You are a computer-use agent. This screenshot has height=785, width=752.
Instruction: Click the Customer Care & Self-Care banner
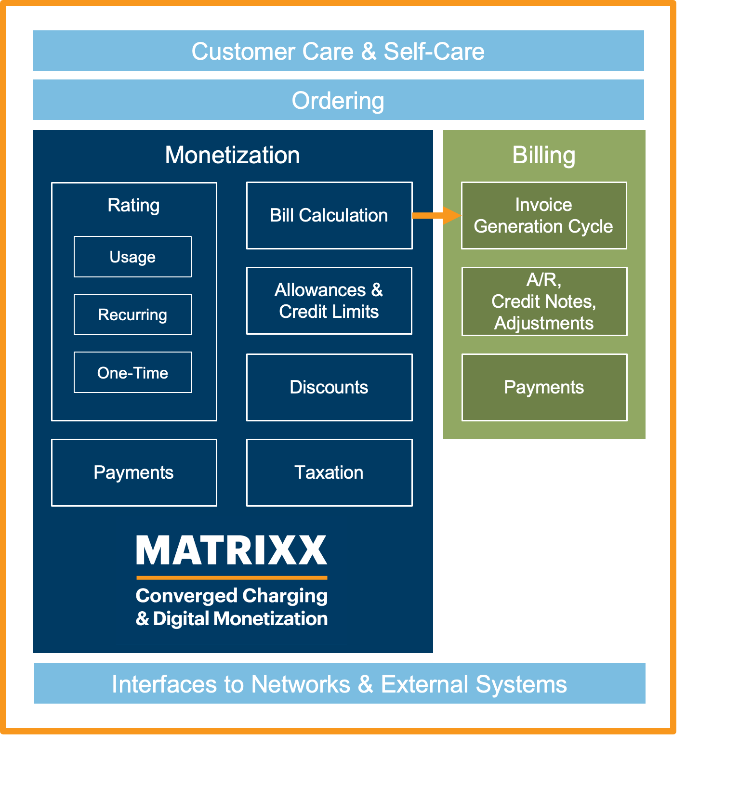[338, 51]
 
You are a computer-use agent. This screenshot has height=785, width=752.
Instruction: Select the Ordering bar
[338, 100]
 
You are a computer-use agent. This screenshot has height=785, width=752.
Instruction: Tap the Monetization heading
[232, 155]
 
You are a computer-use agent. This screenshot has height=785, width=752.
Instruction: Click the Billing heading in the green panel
[543, 155]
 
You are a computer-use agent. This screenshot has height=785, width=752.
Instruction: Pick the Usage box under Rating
[132, 257]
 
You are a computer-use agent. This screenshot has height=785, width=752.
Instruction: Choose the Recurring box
[132, 314]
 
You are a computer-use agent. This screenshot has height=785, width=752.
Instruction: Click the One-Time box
[132, 372]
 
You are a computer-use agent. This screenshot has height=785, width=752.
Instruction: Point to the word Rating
[133, 205]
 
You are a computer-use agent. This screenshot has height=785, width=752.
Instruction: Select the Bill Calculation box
[329, 215]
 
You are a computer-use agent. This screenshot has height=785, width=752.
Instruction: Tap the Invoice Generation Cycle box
[543, 215]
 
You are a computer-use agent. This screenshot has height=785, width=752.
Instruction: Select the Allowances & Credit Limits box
[329, 301]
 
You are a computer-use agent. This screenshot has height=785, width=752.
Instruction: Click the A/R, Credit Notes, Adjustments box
[544, 301]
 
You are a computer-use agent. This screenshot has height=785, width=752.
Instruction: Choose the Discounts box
[329, 387]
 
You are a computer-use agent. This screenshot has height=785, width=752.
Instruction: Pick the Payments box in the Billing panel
[544, 387]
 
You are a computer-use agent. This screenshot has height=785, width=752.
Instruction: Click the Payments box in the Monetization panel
[133, 472]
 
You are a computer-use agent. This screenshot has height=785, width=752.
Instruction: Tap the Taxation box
[329, 472]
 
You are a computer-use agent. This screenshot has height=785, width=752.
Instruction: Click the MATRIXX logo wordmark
[232, 550]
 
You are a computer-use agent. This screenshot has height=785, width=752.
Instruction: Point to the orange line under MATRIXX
[232, 577]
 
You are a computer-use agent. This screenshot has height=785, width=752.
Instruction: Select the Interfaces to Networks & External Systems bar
[339, 684]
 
